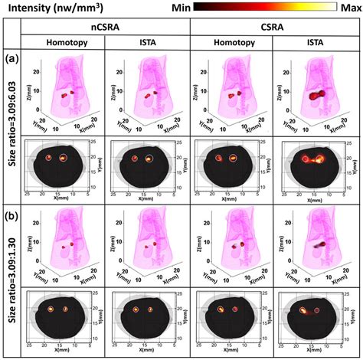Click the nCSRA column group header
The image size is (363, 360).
(x=104, y=26)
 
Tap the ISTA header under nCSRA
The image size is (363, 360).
(x=146, y=44)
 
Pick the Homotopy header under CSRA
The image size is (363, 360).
(x=231, y=44)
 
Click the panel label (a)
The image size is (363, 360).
(x=10, y=58)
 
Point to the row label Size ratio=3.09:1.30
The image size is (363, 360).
(x=10, y=283)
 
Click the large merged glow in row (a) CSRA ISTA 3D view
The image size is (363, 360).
(x=316, y=97)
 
